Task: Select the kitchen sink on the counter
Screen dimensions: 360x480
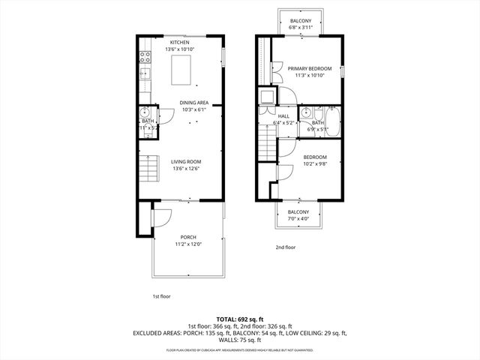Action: tap(144, 73)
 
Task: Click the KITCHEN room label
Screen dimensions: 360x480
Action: tap(179, 43)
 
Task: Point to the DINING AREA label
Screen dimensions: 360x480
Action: tap(193, 103)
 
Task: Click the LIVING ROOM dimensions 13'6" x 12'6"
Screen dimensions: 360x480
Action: tap(185, 168)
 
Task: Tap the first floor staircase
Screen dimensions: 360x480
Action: tap(150, 169)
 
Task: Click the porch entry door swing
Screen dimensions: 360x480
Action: tap(160, 217)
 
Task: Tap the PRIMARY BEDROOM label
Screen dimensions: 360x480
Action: tap(310, 69)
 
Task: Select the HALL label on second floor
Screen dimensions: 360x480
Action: tap(283, 116)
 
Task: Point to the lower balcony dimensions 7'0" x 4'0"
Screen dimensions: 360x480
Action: tap(298, 219)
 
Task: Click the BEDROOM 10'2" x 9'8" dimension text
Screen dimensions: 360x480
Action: tap(315, 163)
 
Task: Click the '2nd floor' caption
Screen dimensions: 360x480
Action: tap(285, 247)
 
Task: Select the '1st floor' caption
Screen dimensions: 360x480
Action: tap(161, 296)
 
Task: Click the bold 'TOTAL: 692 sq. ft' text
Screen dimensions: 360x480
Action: tap(240, 319)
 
